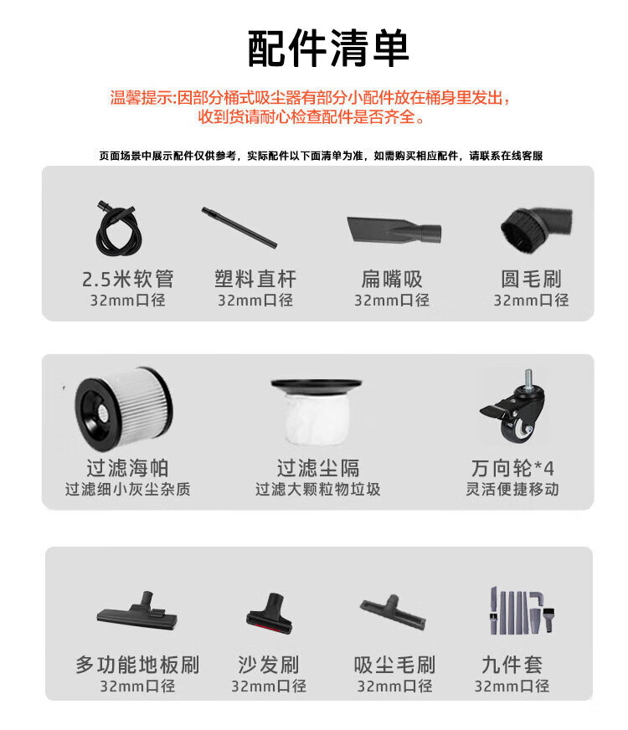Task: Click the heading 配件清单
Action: pos(327,49)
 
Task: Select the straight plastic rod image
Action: pos(239,227)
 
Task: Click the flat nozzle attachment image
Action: pos(394,229)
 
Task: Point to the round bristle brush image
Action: pos(535,227)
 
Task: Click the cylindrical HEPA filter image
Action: pos(123,409)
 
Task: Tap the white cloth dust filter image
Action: pos(317,410)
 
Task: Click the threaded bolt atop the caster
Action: pos(528,379)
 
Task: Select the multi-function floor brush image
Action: pos(137,613)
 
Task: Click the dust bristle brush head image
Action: pos(393,611)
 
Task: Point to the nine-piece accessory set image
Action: pos(522,610)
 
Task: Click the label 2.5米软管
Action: pos(127,279)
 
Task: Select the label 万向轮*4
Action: pos(512,468)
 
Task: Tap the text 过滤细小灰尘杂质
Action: pos(127,489)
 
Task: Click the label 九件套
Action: pos(512,665)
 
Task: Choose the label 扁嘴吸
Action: pos(392,279)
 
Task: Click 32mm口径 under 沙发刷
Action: pos(269,686)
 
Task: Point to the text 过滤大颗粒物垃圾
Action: pos(317,489)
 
